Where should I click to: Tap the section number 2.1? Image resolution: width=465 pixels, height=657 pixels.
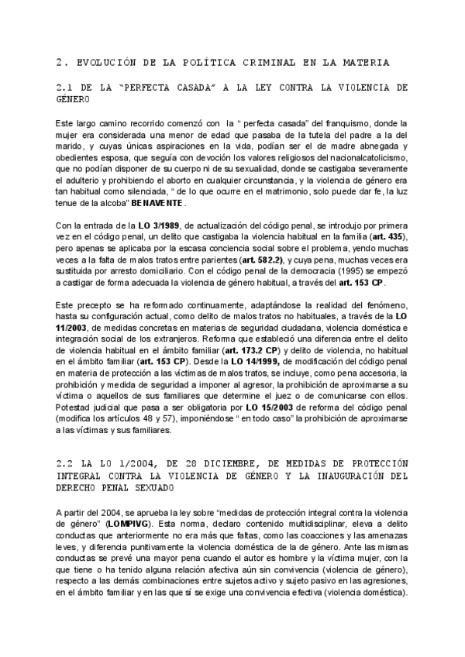coord(67,88)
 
